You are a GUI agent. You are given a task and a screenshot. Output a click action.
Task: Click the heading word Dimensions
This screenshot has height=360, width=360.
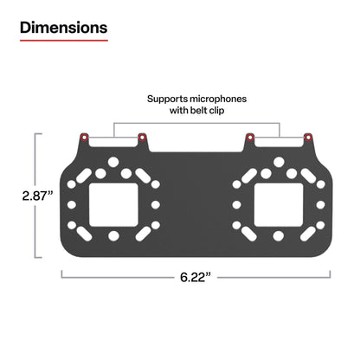click(x=64, y=27)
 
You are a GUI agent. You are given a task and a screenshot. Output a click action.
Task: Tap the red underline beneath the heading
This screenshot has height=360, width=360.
click(x=64, y=42)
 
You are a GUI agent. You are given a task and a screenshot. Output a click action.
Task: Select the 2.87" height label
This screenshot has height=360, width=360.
click(x=37, y=196)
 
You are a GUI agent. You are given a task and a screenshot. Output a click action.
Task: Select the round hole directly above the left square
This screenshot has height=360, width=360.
click(x=113, y=163)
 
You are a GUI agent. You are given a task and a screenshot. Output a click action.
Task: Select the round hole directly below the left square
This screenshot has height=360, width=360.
click(x=113, y=236)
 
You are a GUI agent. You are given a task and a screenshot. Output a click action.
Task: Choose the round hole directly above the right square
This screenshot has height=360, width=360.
click(x=279, y=163)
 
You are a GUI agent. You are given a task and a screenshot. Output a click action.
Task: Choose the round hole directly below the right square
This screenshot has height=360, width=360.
click(x=279, y=236)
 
